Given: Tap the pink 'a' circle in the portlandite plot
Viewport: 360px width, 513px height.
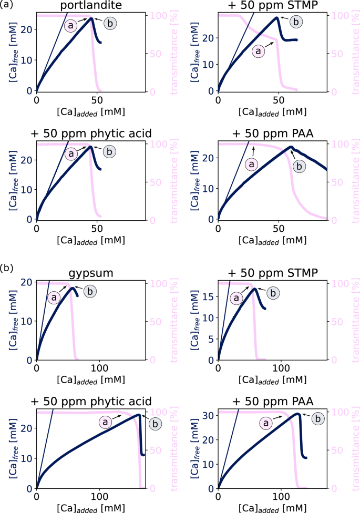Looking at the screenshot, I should point(71,25).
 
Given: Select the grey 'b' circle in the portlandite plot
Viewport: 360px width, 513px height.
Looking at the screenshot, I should point(110,23).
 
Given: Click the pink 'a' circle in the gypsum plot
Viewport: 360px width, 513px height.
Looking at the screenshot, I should point(53,297).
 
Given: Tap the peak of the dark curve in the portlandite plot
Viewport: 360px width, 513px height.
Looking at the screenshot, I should point(91,18).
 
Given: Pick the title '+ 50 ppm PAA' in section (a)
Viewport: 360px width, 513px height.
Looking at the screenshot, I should point(272,134).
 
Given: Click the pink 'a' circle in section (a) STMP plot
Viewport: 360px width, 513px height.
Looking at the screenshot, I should point(258,51).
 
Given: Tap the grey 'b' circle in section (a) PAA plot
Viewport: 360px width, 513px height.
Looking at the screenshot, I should point(299,166).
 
